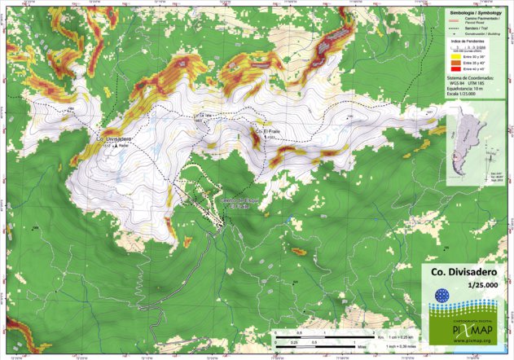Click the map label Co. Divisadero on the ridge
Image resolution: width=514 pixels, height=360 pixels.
114,139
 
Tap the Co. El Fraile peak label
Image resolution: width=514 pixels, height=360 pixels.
269,132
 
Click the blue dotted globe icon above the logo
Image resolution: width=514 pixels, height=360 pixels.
442,296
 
